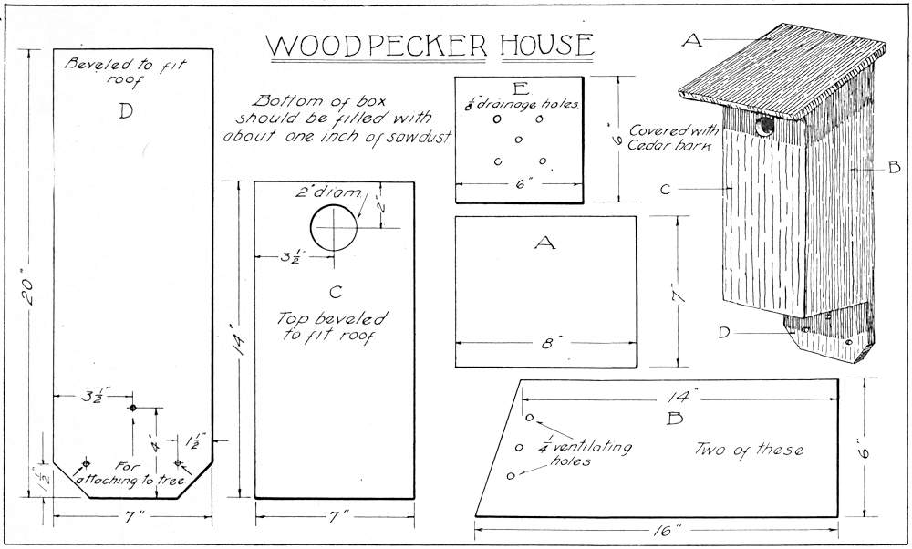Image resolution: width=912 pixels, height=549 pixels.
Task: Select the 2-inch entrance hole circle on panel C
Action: [x=335, y=228]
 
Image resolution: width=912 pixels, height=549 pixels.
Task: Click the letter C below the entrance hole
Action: [x=334, y=292]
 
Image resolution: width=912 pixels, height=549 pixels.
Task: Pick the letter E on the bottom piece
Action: [x=519, y=88]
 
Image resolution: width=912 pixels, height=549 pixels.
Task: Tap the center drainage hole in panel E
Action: [x=518, y=140]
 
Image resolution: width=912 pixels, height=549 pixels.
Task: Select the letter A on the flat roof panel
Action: [x=544, y=243]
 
